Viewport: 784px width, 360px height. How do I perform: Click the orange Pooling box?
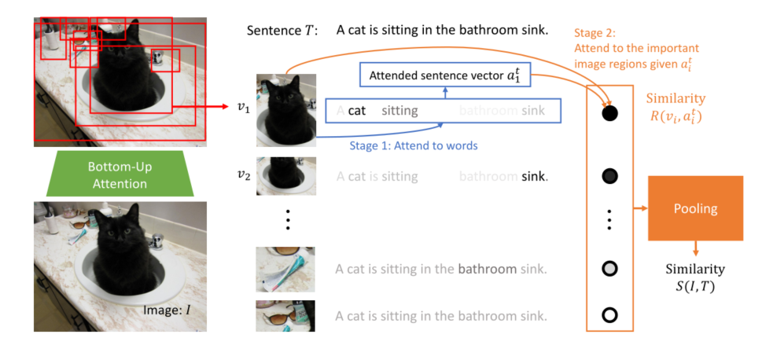pyautogui.click(x=695, y=208)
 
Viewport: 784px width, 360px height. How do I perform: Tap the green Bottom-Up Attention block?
pyautogui.click(x=119, y=174)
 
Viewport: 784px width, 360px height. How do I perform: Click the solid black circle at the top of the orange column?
pyautogui.click(x=609, y=113)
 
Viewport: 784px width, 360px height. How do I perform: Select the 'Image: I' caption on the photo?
pyautogui.click(x=167, y=310)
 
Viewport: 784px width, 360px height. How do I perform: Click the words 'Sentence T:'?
pyautogui.click(x=282, y=31)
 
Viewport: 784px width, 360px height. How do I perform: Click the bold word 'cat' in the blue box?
pyautogui.click(x=357, y=111)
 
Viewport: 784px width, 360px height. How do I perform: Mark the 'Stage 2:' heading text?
pyautogui.click(x=595, y=34)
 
